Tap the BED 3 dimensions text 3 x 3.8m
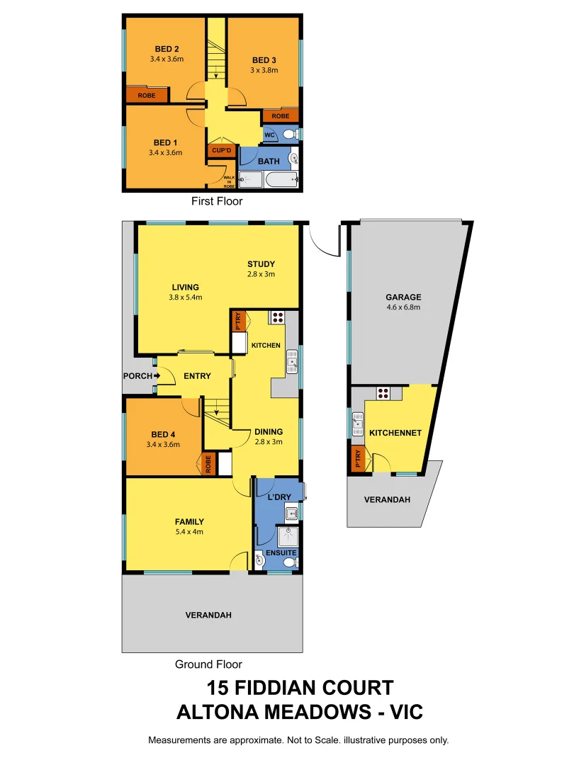point(264,70)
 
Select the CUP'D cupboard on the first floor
point(221,151)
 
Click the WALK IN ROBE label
point(229,182)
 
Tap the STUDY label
point(261,264)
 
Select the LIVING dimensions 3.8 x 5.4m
point(185,297)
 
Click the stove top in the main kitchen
point(276,317)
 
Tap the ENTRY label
point(197,376)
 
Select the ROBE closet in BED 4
point(208,464)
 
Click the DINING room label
point(269,431)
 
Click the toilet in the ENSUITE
point(288,562)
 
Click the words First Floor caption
point(217,201)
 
